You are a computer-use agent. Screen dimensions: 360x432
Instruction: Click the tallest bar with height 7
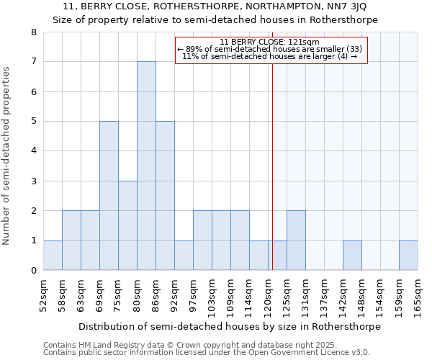pyautogui.click(x=146, y=166)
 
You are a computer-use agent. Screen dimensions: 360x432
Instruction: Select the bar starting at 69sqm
pyautogui.click(x=109, y=196)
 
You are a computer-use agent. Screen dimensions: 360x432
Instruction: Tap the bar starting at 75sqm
pyautogui.click(x=127, y=225)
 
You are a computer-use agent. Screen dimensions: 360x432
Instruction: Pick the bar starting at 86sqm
pyautogui.click(x=165, y=196)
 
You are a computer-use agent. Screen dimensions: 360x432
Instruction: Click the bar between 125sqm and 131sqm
pyautogui.click(x=296, y=240)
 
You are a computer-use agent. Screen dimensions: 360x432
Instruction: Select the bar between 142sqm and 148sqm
pyautogui.click(x=352, y=256)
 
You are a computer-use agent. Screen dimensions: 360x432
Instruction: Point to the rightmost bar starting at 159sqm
pyautogui.click(x=408, y=256)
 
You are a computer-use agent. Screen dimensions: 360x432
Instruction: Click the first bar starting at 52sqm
pyautogui.click(x=53, y=256)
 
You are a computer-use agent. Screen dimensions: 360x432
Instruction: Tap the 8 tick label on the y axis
pyautogui.click(x=33, y=32)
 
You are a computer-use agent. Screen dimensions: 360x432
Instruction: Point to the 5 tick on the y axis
pyautogui.click(x=33, y=121)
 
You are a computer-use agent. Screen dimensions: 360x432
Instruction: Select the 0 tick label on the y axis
pyautogui.click(x=33, y=271)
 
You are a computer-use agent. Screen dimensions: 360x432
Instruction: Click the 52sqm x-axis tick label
pyautogui.click(x=44, y=294)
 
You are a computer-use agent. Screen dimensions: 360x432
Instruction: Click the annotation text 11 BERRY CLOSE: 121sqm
pyautogui.click(x=271, y=42)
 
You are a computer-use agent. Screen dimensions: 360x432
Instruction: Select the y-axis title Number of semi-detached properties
pyautogui.click(x=7, y=156)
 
